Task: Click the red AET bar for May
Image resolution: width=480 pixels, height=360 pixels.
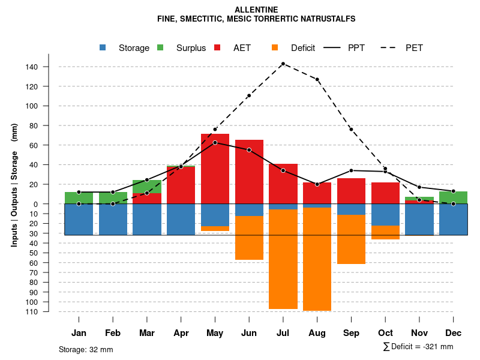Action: pyautogui.click(x=215, y=169)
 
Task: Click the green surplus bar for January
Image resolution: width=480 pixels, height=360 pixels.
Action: pyautogui.click(x=79, y=197)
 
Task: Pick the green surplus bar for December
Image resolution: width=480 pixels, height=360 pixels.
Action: pyautogui.click(x=453, y=197)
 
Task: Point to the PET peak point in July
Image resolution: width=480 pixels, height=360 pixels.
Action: pyautogui.click(x=283, y=64)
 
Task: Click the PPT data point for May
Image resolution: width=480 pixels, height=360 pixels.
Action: pyautogui.click(x=215, y=142)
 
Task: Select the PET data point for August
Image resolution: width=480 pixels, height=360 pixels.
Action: pyautogui.click(x=317, y=79)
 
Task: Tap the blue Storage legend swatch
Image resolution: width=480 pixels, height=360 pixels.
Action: pyautogui.click(x=103, y=48)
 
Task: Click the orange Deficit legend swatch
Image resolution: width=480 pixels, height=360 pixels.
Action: pyautogui.click(x=275, y=48)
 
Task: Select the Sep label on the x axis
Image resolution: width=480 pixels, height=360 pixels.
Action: pyautogui.click(x=351, y=333)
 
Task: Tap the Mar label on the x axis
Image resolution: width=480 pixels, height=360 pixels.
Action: pyautogui.click(x=147, y=333)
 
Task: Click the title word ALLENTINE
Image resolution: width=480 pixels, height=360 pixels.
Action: pyautogui.click(x=256, y=10)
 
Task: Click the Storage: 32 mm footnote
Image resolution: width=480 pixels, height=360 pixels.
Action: pyautogui.click(x=86, y=349)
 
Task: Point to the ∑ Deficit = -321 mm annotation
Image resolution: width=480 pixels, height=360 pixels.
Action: pyautogui.click(x=418, y=347)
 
